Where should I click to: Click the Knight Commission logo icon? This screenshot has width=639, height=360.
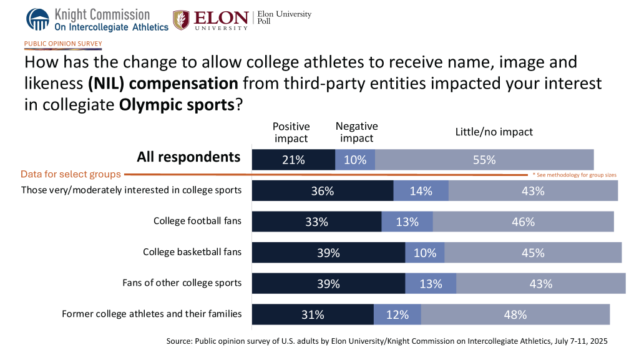(37, 19)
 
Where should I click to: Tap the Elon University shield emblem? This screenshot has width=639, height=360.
(182, 19)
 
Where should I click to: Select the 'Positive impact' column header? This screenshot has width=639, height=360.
(291, 132)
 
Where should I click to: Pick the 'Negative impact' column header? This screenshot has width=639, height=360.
(356, 132)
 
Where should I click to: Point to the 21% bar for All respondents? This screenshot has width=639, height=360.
(293, 160)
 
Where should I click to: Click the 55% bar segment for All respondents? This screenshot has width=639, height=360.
(484, 160)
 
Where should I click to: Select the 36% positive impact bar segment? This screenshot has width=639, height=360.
(322, 191)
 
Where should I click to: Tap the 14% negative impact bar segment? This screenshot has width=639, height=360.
(421, 191)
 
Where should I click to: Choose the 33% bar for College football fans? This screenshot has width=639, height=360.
(316, 221)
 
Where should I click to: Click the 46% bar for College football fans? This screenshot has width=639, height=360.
(523, 221)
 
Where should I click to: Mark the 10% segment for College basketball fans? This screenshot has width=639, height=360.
(424, 253)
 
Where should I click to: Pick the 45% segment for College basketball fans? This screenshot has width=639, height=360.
(533, 253)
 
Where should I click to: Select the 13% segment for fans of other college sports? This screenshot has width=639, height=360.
(431, 283)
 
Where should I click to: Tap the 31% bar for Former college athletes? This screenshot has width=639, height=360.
(313, 314)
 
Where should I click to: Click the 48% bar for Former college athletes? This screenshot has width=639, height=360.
(515, 314)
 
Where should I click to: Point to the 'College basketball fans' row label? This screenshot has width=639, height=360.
(192, 252)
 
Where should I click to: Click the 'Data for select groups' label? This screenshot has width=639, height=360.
(71, 174)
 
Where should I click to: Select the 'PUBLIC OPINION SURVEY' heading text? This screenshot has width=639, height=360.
(63, 44)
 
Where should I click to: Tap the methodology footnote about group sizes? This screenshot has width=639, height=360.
(574, 175)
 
